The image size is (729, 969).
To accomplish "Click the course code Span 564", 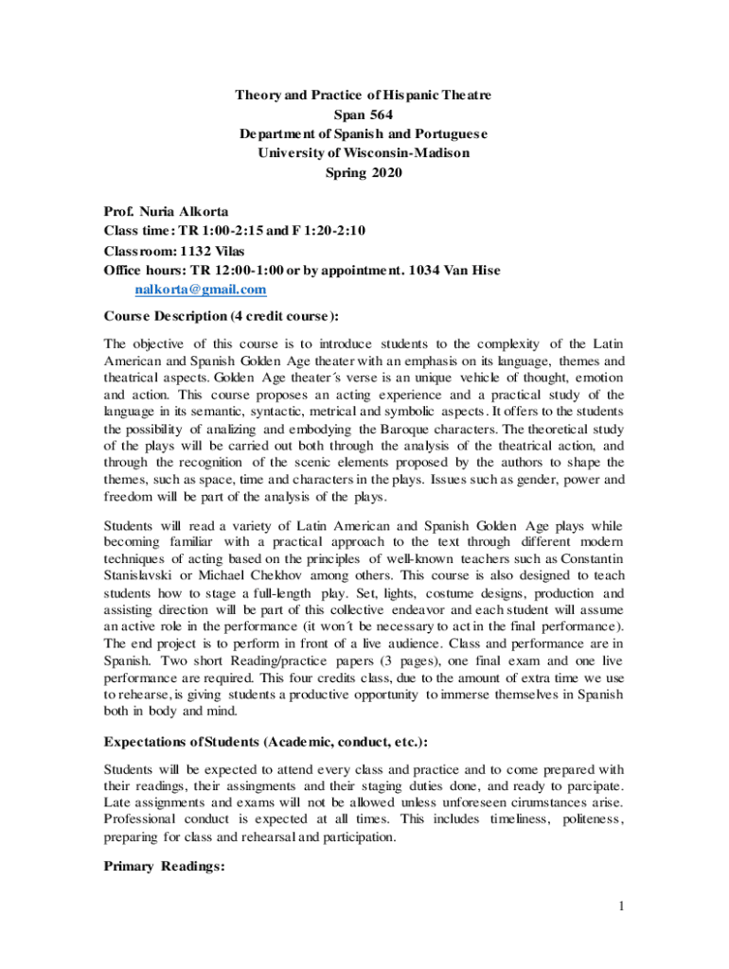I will click(x=364, y=115).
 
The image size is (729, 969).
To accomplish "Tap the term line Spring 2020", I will click(x=364, y=171).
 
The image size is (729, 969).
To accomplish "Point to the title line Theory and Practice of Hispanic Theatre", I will click(x=364, y=96).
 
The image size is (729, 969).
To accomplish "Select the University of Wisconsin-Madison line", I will click(x=364, y=152).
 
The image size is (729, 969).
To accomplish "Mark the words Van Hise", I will click(x=473, y=270).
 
